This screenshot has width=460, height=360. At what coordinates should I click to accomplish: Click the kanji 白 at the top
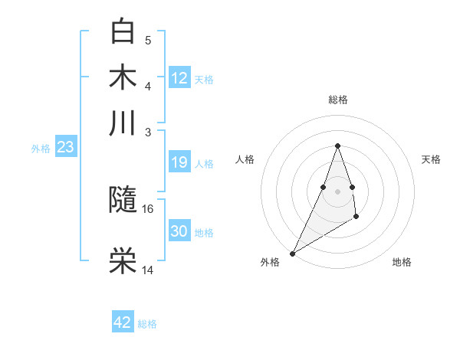[x=123, y=31]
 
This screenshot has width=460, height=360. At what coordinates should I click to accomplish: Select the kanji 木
[x=123, y=77]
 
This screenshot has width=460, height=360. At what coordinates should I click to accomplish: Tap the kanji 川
[x=123, y=123]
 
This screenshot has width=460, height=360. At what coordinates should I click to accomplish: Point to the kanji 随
[x=123, y=200]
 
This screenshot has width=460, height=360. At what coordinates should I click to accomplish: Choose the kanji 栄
[x=123, y=261]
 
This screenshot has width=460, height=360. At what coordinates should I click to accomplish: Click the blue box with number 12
[x=179, y=78]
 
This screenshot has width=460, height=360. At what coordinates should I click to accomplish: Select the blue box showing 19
[x=179, y=162]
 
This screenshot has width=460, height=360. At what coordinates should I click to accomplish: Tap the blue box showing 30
[x=179, y=231]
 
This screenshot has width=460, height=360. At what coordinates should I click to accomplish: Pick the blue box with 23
[x=65, y=147]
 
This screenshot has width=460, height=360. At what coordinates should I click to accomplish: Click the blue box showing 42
[x=123, y=322]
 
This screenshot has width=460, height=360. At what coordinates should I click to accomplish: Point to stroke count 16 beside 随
[x=148, y=208]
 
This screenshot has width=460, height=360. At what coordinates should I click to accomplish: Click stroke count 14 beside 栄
[x=148, y=270]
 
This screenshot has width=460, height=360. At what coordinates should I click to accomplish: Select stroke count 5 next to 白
[x=148, y=40]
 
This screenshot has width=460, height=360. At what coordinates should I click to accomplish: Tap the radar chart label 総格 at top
[x=337, y=100]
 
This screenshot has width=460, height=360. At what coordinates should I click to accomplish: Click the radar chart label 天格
[x=432, y=159]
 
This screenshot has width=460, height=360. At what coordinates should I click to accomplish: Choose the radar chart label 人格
[x=245, y=159]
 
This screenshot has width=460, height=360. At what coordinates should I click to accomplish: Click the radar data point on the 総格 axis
[x=337, y=146]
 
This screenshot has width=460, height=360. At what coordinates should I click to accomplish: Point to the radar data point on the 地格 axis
[x=356, y=218]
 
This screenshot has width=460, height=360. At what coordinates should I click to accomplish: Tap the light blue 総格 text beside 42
[x=147, y=324]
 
